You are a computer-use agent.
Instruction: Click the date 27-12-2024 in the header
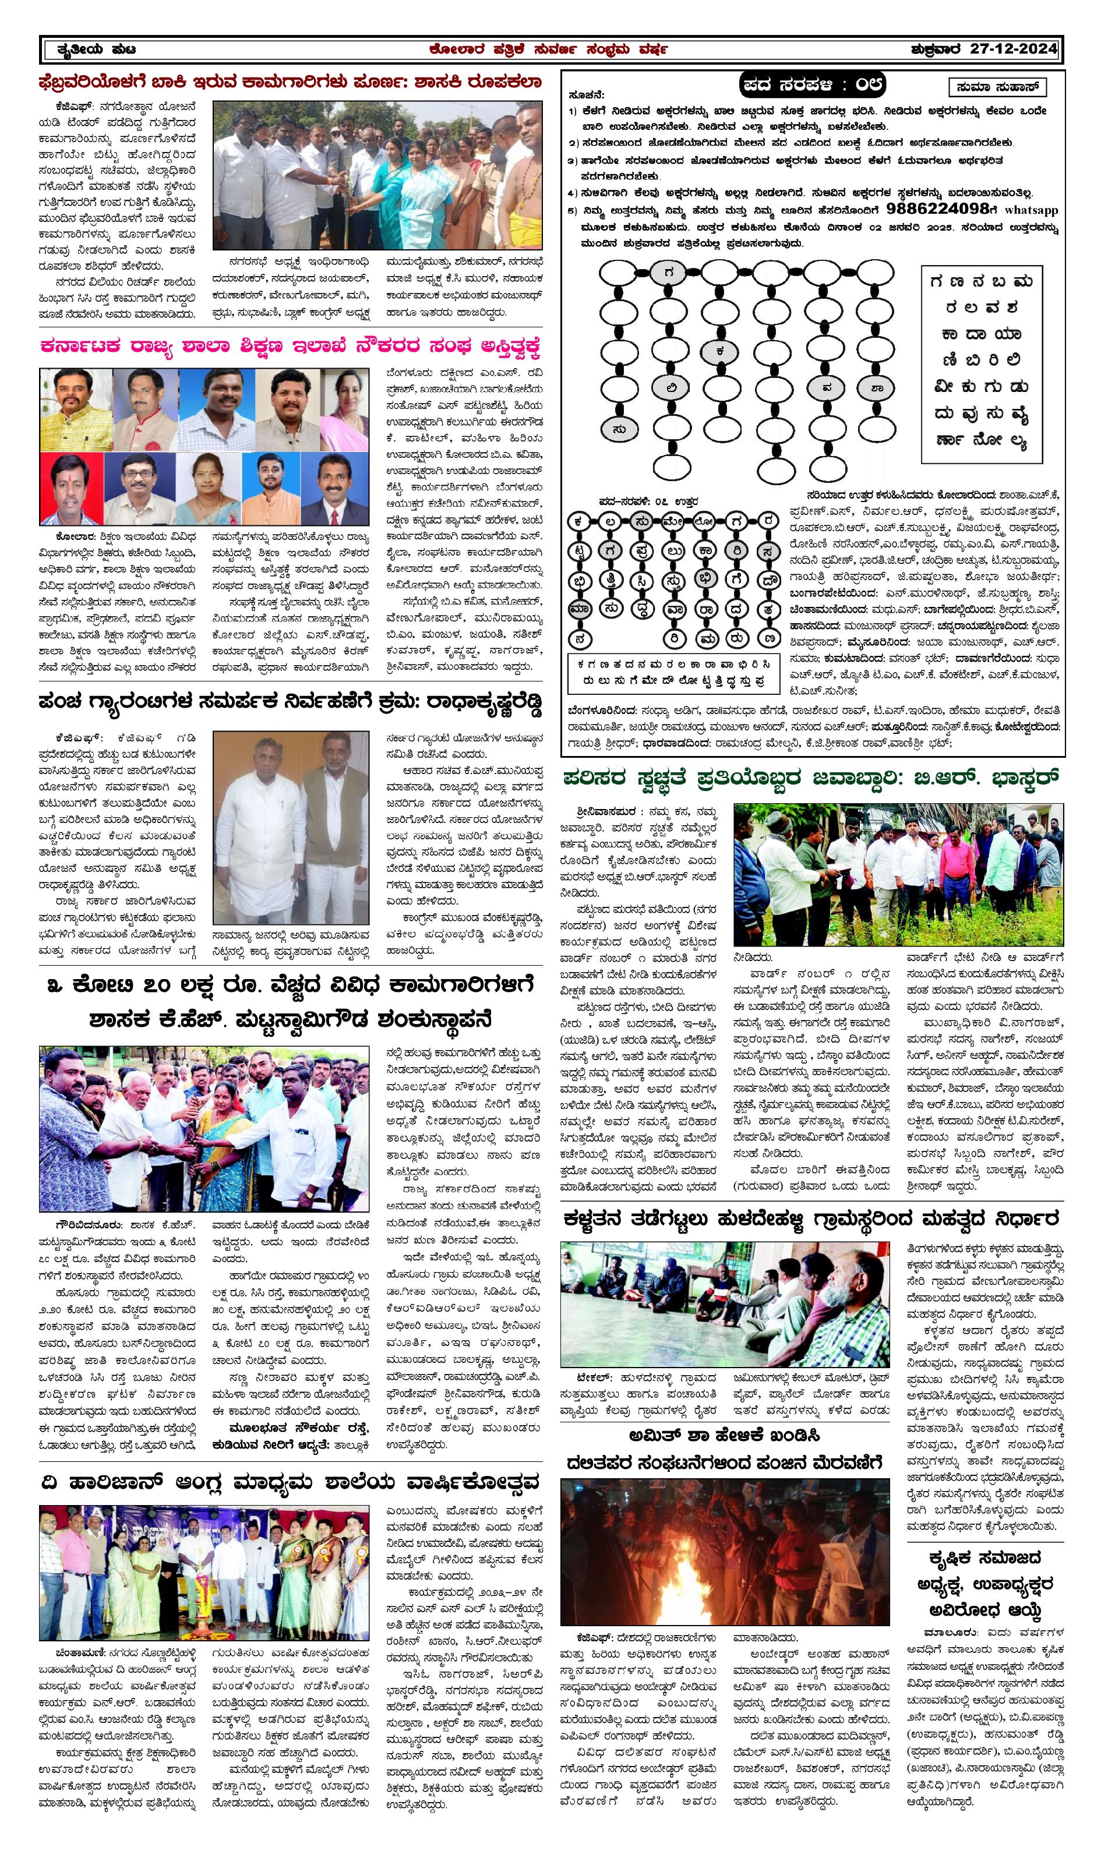point(1014,49)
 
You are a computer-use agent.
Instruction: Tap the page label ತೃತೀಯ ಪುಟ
point(97,50)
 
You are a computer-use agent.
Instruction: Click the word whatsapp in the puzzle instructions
point(1031,210)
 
